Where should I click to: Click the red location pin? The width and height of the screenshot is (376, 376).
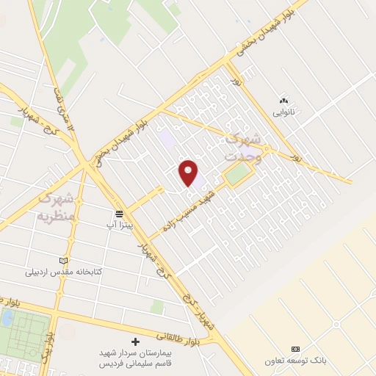point(189,172)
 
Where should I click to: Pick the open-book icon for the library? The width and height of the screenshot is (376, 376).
point(62,260)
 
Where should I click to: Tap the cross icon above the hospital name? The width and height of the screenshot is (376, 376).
point(135,341)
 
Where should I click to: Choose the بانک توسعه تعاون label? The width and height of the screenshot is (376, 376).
point(296,360)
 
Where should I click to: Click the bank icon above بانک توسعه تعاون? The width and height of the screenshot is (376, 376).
point(296,347)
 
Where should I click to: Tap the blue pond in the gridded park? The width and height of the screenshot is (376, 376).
point(6,318)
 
